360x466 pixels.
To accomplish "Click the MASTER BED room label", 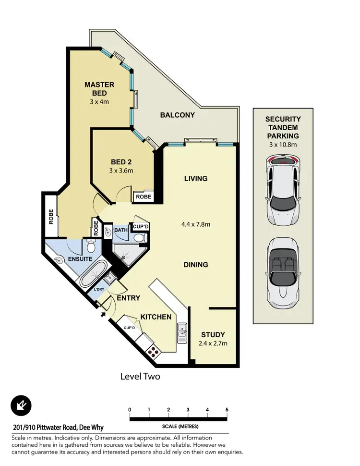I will click(99, 89).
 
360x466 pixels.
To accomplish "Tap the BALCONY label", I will click(177, 115).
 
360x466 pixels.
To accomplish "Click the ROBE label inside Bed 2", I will click(143, 196).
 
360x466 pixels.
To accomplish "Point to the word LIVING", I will click(195, 179).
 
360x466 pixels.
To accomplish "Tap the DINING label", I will click(195, 265).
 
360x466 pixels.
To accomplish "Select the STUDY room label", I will click(213, 335).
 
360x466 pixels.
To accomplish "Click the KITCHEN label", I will click(156, 317).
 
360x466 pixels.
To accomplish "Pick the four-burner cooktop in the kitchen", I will click(153, 352).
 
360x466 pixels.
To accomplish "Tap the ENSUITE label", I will click(67, 259).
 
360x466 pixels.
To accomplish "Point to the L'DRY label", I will click(98, 290).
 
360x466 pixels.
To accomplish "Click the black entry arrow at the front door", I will click(103, 315).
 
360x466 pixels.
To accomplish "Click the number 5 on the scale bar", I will click(227, 409).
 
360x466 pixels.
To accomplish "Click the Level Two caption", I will click(140, 377).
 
